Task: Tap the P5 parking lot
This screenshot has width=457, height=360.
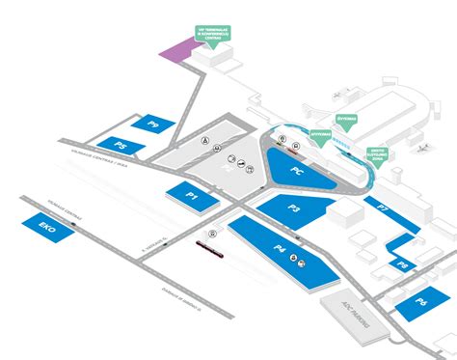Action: click(x=121, y=146)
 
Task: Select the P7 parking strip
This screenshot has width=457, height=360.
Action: click(x=383, y=207)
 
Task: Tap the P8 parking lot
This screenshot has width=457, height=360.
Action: click(x=402, y=262)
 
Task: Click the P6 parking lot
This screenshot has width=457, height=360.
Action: click(x=421, y=302)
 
